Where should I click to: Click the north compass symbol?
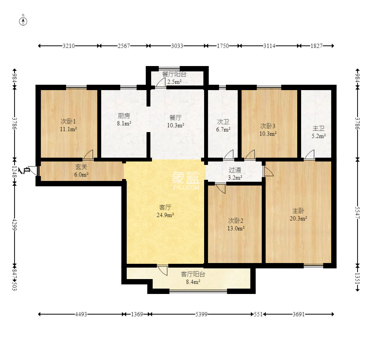[23, 21]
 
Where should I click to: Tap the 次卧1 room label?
[68, 121]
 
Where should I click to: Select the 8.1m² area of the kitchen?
[124, 123]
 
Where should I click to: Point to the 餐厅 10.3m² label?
[176, 121]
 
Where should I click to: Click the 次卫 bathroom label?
[223, 122]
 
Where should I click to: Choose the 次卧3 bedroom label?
[267, 126]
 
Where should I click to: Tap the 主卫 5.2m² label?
[318, 132]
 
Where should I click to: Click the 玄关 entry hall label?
[81, 167]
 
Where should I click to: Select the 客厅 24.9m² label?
[165, 211]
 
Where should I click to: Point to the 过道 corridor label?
[235, 170]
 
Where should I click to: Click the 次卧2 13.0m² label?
[236, 224]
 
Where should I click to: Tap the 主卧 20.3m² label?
[298, 215]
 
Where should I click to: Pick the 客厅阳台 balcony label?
[193, 274]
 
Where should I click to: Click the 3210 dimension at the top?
[69, 46]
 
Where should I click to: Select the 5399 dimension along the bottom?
[201, 315]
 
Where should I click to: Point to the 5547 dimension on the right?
[358, 213]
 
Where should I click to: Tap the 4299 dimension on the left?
[15, 224]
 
